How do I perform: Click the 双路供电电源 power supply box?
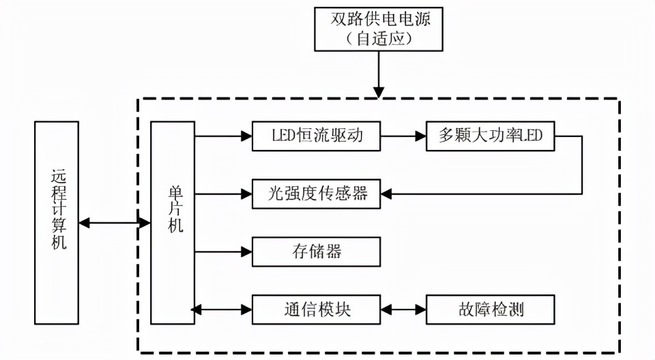click(x=379, y=28)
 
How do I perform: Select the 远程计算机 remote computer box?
click(x=57, y=222)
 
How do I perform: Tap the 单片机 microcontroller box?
click(x=173, y=222)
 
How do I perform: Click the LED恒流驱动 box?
click(x=316, y=136)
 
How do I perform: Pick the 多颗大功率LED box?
click(x=490, y=136)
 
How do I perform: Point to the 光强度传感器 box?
click(x=316, y=194)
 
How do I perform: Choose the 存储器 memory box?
click(x=316, y=252)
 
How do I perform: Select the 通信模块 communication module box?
click(x=316, y=310)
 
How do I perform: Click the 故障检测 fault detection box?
click(x=490, y=310)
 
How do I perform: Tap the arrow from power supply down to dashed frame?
click(x=379, y=75)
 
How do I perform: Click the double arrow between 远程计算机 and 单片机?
click(x=114, y=223)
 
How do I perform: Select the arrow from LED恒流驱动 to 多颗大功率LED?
click(x=403, y=136)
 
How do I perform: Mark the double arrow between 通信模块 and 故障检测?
click(x=403, y=310)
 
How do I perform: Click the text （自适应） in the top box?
click(x=379, y=38)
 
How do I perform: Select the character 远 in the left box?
click(x=57, y=176)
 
